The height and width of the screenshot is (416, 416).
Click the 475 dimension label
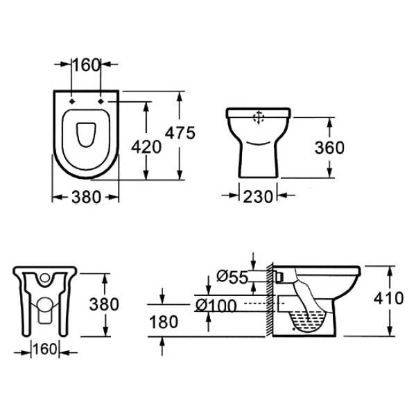pyautogui.click(x=180, y=132)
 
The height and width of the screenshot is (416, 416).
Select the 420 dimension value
pyautogui.click(x=146, y=147)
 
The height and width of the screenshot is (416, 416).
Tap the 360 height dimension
pyautogui.click(x=329, y=148)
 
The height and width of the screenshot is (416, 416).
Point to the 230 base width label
pyautogui.click(x=258, y=197)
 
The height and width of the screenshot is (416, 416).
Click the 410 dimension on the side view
pyautogui.click(x=389, y=298)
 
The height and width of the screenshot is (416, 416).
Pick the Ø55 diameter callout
pyautogui.click(x=232, y=277)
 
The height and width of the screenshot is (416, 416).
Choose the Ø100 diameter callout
pyautogui.click(x=216, y=305)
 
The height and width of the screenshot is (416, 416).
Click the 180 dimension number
pyautogui.click(x=164, y=322)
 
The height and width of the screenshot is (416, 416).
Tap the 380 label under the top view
pyautogui.click(x=86, y=197)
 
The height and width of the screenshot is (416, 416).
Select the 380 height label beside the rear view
pyautogui.click(x=104, y=304)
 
